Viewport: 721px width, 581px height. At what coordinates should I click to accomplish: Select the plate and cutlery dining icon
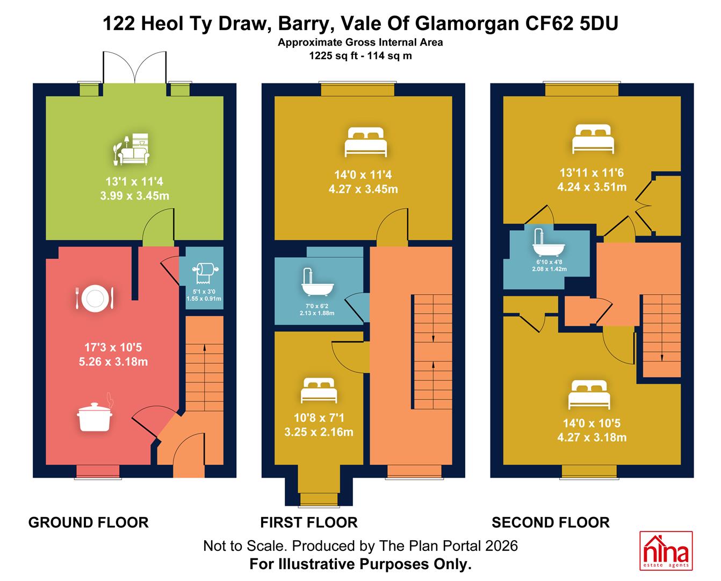pyautogui.click(x=95, y=297)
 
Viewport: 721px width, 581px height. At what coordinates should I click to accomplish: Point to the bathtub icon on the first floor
pyautogui.click(x=318, y=282)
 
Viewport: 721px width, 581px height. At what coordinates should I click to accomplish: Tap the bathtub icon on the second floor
pyautogui.click(x=549, y=243)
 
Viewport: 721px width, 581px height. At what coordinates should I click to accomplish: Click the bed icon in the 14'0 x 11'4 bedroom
pyautogui.click(x=365, y=142)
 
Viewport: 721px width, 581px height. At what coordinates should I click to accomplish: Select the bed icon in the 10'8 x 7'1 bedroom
pyautogui.click(x=319, y=390)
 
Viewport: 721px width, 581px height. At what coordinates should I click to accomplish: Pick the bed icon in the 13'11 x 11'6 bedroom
pyautogui.click(x=593, y=139)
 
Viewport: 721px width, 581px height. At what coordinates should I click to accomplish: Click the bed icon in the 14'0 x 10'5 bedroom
pyautogui.click(x=589, y=395)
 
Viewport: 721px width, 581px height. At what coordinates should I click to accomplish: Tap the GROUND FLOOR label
pyautogui.click(x=89, y=523)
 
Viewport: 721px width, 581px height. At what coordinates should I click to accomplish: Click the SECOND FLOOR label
pyautogui.click(x=551, y=523)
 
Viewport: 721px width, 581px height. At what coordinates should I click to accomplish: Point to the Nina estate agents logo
pyautogui.click(x=666, y=550)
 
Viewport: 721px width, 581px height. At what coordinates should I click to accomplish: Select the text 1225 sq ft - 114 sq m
pyautogui.click(x=360, y=55)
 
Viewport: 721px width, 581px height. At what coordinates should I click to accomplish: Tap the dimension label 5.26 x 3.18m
pyautogui.click(x=113, y=362)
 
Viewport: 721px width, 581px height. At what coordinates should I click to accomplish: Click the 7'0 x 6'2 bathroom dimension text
pyautogui.click(x=317, y=306)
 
